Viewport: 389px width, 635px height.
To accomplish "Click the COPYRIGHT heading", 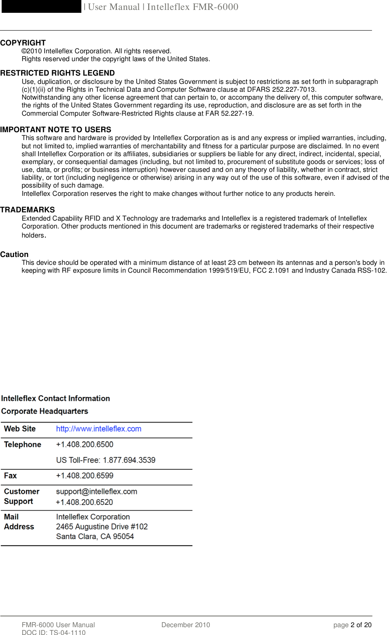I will pyautogui.click(x=23, y=43).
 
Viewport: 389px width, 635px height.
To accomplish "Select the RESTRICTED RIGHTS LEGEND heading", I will pyautogui.click(x=57, y=73).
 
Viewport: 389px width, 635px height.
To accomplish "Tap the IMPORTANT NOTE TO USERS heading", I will pyautogui.click(x=56, y=130).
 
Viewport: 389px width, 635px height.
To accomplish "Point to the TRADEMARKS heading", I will pyautogui.click(x=27, y=210).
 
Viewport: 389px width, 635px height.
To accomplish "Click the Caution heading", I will pyautogui.click(x=14, y=254).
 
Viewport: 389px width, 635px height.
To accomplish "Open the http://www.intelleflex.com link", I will pyautogui.click(x=99, y=429).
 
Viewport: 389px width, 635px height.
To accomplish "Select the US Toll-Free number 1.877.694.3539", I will pyautogui.click(x=106, y=460).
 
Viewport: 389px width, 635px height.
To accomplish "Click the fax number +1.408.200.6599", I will pyautogui.click(x=85, y=476).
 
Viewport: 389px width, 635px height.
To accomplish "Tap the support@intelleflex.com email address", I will pyautogui.click(x=97, y=492).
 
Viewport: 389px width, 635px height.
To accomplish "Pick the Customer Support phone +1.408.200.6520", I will pyautogui.click(x=84, y=502).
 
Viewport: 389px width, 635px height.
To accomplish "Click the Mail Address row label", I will pyautogui.click(x=19, y=522).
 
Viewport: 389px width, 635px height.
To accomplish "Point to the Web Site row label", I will pyautogui.click(x=20, y=429).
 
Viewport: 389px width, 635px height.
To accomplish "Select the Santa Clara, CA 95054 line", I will pyautogui.click(x=95, y=537).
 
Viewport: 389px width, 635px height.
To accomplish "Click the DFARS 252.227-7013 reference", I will pyautogui.click(x=281, y=90).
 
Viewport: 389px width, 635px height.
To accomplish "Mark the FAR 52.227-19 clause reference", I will pyautogui.click(x=229, y=114).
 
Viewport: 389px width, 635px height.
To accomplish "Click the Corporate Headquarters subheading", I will pyautogui.click(x=45, y=411).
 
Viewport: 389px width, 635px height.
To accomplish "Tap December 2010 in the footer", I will pyautogui.click(x=185, y=625).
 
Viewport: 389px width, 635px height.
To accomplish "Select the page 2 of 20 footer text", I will pyautogui.click(x=352, y=625).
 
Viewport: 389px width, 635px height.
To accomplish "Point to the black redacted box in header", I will pyautogui.click(x=41, y=7).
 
